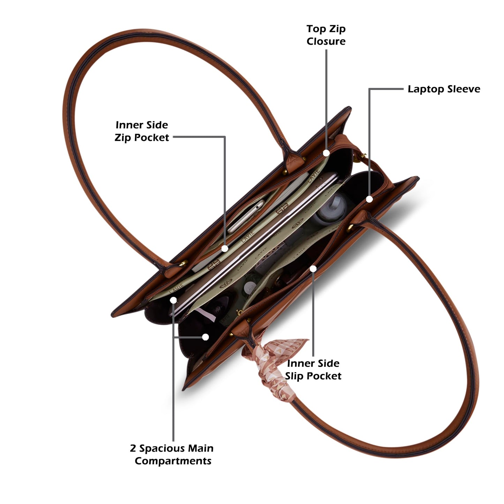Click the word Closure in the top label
click(x=326, y=41)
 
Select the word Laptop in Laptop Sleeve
click(x=426, y=89)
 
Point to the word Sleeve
click(x=464, y=89)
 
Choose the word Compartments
click(x=173, y=461)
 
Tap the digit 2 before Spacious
click(x=133, y=449)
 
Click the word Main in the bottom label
click(x=201, y=448)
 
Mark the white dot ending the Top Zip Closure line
click(x=326, y=153)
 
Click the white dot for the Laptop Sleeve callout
click(x=369, y=199)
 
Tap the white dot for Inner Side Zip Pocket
click(x=225, y=249)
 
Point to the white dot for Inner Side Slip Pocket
click(x=313, y=269)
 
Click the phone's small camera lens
click(x=257, y=207)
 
